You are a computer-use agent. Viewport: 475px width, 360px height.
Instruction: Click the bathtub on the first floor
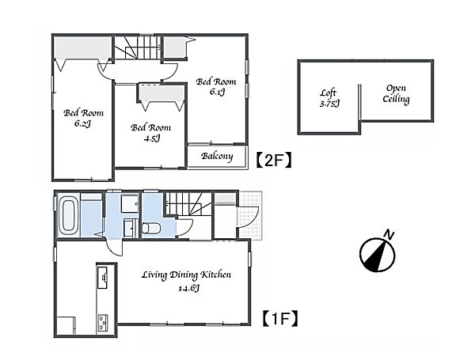coord(68,215)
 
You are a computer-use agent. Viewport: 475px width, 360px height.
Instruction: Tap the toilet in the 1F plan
coord(150,228)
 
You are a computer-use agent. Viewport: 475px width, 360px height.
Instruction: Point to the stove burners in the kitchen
coord(102,323)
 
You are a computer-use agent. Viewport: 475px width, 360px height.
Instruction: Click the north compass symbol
coord(377,254)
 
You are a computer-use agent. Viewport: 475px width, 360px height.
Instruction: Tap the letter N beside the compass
coord(389,235)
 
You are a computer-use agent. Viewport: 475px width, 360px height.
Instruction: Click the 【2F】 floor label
coord(274,160)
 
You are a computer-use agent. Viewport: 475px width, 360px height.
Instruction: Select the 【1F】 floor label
coord(280,319)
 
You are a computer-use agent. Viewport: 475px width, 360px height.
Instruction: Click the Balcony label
coord(217,156)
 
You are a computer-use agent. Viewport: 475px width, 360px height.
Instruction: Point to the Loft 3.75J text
coord(329,98)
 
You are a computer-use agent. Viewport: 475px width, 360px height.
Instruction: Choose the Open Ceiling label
coord(396,93)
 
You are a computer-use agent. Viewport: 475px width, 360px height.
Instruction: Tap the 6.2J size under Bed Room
coord(82,123)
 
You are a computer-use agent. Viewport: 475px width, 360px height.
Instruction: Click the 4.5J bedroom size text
coord(152,138)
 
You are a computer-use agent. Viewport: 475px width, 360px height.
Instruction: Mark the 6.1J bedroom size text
coord(217,92)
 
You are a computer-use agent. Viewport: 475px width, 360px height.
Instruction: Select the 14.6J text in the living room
coord(188,288)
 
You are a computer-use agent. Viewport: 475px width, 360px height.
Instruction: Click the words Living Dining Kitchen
coord(186,275)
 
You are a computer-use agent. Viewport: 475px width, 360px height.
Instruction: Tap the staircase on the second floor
coord(138,47)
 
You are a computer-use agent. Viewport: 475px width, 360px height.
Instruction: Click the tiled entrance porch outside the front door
coord(249,215)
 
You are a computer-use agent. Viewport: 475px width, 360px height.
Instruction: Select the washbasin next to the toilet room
coord(131,228)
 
